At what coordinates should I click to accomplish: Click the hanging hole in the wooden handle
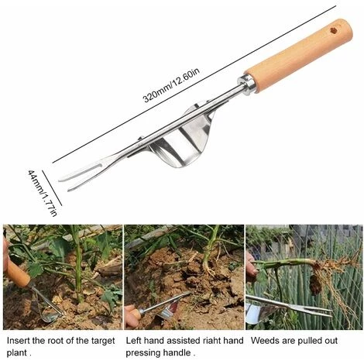tap(334, 31)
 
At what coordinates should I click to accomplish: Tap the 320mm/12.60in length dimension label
tap(171, 85)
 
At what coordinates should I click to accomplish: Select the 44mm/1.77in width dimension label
tap(42, 193)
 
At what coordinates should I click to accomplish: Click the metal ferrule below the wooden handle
tap(247, 84)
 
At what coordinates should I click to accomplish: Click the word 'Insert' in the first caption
tap(18, 341)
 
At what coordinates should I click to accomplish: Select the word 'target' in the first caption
tap(103, 341)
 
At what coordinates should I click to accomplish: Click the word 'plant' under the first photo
tap(16, 353)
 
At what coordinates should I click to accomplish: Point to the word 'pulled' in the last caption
tap(309, 341)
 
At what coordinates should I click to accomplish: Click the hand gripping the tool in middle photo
tap(132, 317)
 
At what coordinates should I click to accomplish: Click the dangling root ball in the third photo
tap(315, 284)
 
